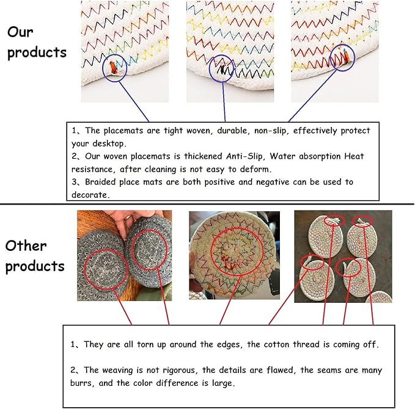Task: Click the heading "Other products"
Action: point(35,256)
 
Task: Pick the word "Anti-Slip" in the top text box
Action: point(249,156)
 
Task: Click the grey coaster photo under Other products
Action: point(125,256)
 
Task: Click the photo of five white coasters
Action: point(343,256)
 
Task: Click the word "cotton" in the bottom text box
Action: point(279,344)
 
